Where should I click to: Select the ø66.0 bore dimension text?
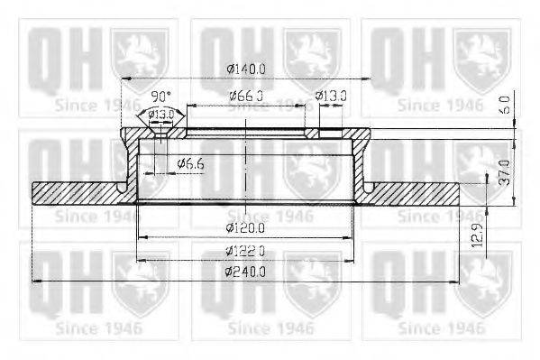pos(244,96)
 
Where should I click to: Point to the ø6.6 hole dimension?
pos(193,163)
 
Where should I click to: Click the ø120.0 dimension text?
pos(246,226)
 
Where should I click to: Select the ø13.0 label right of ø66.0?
pos(332,96)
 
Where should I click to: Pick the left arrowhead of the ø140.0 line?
pos(125,78)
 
